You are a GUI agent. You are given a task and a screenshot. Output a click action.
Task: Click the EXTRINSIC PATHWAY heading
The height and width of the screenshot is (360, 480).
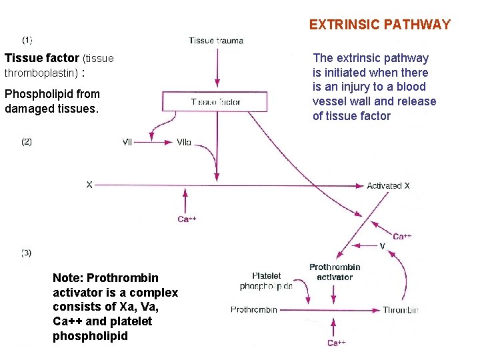(379, 25)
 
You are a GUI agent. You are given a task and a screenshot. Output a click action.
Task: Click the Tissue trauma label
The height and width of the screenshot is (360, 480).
(216, 40)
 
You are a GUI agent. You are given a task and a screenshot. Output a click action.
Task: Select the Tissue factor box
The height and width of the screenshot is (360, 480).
(215, 102)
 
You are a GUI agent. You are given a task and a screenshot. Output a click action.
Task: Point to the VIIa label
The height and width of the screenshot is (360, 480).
(184, 142)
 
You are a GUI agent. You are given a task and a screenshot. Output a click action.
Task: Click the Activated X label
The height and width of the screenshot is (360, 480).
(388, 185)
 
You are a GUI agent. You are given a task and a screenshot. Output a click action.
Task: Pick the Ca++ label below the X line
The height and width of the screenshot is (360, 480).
(187, 219)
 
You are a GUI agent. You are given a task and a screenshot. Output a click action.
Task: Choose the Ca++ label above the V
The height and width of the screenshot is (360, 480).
(402, 236)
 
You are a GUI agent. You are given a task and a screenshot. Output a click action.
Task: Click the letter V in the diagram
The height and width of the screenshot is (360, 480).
(382, 246)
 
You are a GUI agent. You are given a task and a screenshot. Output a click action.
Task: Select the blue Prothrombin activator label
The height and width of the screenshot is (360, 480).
(335, 272)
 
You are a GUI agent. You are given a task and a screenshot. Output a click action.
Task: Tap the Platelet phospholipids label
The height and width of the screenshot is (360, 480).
(266, 281)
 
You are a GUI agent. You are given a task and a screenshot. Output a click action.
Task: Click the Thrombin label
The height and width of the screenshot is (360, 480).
(400, 310)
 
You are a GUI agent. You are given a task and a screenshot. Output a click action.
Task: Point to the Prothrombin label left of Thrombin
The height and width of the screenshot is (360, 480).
(254, 310)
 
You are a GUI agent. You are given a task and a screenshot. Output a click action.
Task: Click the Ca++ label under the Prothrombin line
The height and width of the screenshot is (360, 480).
(336, 343)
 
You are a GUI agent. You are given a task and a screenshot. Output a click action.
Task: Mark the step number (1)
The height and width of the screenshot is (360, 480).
(27, 40)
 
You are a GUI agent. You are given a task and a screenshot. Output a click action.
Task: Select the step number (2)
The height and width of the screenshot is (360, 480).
(27, 141)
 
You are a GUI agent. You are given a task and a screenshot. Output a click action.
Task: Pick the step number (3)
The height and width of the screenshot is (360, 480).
(27, 253)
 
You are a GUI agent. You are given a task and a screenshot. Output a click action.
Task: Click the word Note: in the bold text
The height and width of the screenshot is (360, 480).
(68, 278)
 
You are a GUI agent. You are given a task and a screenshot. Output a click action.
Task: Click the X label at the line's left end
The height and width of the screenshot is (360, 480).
(89, 185)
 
